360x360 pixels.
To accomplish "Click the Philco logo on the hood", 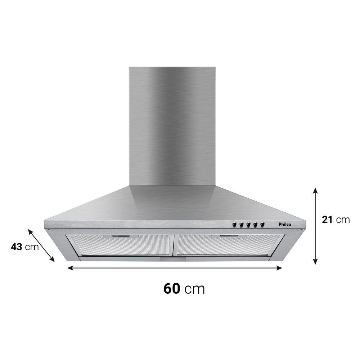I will (x=285, y=224).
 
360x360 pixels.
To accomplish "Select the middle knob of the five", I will (x=248, y=224).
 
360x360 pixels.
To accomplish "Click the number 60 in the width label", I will (x=171, y=288).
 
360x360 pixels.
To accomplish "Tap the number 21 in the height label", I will (x=327, y=220).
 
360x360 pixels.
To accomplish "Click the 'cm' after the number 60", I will (x=194, y=289).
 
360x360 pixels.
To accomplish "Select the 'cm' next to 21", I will (x=343, y=220).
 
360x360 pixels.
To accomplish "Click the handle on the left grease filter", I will (x=121, y=236).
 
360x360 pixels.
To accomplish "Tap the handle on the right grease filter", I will (x=229, y=236).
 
